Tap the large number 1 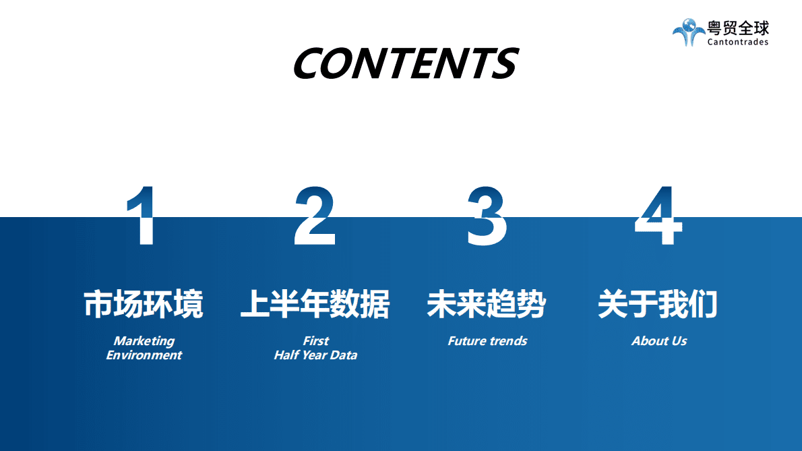(x=143, y=217)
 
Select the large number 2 (x=315, y=217)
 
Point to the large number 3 (x=487, y=217)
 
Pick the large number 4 (x=658, y=217)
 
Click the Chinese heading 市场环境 (x=143, y=304)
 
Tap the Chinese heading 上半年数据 (x=315, y=304)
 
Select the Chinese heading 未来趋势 (x=487, y=304)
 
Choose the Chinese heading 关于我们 (x=658, y=304)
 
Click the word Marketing (x=144, y=341)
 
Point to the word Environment (x=144, y=355)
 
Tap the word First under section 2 (x=315, y=341)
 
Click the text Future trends (x=487, y=341)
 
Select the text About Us (x=659, y=341)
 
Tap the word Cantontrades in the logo (x=738, y=42)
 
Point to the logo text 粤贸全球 (x=738, y=28)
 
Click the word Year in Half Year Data (x=315, y=355)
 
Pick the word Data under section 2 (x=344, y=355)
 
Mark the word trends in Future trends (x=508, y=341)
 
